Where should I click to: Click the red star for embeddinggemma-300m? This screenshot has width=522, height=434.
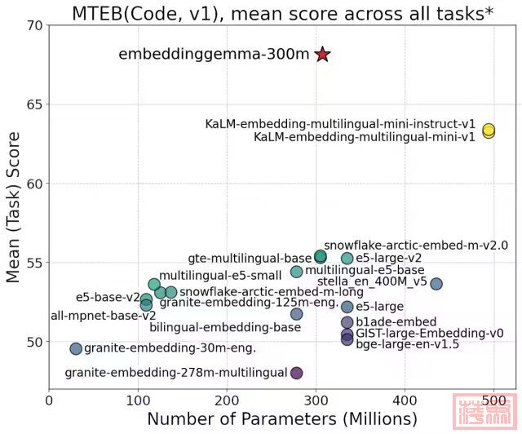[x=322, y=55]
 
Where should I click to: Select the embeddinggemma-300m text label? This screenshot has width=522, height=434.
[x=214, y=55]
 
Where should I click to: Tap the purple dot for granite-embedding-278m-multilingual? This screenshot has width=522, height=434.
[x=296, y=373]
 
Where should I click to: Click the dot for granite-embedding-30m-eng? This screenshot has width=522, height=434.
[x=76, y=348]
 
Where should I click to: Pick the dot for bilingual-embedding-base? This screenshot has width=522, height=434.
[x=296, y=314]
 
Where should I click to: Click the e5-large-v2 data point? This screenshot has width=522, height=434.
[x=347, y=258]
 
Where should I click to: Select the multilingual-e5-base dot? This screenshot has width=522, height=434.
[x=296, y=272]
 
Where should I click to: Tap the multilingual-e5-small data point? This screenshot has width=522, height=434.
[x=154, y=284]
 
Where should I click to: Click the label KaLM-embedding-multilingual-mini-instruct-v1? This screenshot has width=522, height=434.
[x=340, y=124]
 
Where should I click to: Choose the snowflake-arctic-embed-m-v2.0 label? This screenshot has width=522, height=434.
[x=415, y=245]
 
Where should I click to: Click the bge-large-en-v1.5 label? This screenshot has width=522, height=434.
[x=408, y=344]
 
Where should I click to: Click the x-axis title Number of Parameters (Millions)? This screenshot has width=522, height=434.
[x=281, y=419]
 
